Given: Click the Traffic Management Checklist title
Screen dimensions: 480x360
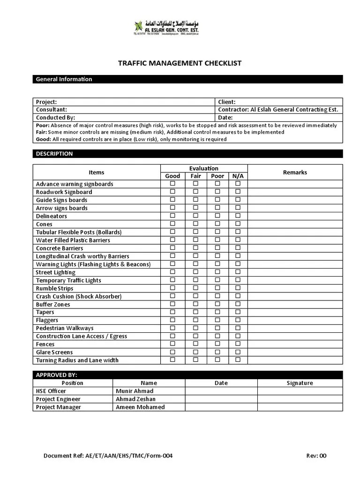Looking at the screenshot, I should point(180,63).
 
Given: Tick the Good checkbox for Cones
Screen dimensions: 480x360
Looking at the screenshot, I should point(172,224).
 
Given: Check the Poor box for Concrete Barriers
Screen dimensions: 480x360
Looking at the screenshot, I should point(217,248).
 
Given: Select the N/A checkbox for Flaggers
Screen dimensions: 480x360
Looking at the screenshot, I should point(238,320).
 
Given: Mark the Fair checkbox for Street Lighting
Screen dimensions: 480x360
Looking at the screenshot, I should point(195,272).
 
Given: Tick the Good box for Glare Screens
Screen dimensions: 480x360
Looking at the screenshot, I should point(172,352).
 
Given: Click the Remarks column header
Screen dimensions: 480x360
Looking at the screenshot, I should point(295,172).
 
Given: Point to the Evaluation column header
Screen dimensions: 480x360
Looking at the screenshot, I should point(203,168).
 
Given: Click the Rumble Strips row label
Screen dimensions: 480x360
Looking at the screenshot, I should point(55,288).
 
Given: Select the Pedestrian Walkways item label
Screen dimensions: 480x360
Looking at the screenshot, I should point(65,328).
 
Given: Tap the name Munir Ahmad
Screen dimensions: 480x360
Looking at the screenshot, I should point(135,391).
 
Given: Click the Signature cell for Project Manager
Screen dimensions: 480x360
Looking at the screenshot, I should point(300,407).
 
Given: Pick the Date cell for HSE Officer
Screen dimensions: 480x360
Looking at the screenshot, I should point(221,391).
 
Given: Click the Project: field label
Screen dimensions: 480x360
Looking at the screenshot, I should point(46,102).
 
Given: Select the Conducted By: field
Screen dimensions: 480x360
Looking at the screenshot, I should point(55,118).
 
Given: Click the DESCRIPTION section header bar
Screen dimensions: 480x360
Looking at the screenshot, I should point(187,154).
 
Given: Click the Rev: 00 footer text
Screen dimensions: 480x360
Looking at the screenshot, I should point(316,456).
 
